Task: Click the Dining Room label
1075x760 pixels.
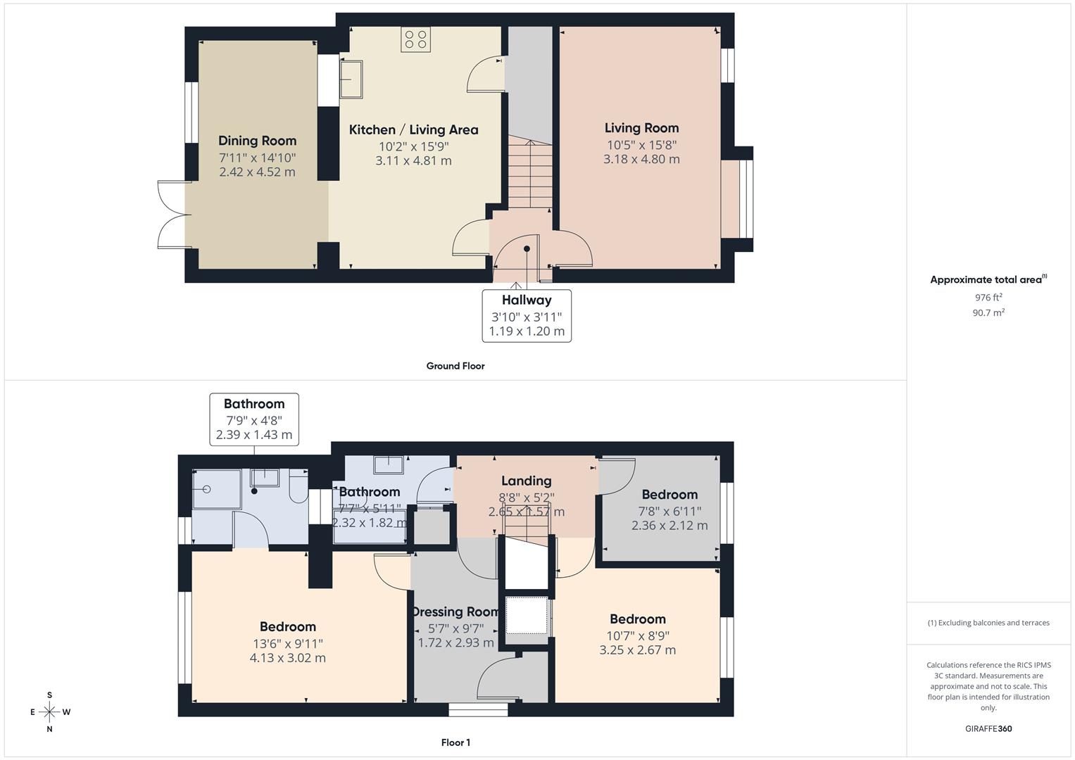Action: [x=257, y=141]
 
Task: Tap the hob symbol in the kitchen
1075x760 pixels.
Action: [x=415, y=39]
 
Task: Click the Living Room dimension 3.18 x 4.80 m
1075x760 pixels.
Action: [x=641, y=159]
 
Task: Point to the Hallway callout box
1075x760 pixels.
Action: [x=527, y=315]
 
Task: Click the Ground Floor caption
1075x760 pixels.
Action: [x=455, y=366]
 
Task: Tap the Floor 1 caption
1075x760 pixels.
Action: [x=455, y=742]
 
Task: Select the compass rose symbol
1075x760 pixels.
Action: [x=49, y=712]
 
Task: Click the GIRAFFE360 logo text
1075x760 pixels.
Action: [x=988, y=728]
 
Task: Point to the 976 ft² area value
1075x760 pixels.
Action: [x=988, y=298]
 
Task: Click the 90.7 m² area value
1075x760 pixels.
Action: [x=988, y=313]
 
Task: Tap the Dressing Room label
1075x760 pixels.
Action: [x=456, y=612]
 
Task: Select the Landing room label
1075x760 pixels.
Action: [x=526, y=481]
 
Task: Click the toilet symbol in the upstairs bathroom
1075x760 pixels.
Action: [x=298, y=486]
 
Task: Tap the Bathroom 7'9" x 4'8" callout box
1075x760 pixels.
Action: [x=254, y=419]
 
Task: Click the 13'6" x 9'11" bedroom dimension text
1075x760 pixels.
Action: [x=287, y=643]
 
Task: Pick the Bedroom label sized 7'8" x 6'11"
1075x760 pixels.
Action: [x=669, y=495]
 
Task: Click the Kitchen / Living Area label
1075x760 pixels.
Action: [x=413, y=129]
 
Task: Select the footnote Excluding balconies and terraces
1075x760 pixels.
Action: [x=988, y=623]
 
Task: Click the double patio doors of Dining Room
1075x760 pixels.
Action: [x=171, y=215]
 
